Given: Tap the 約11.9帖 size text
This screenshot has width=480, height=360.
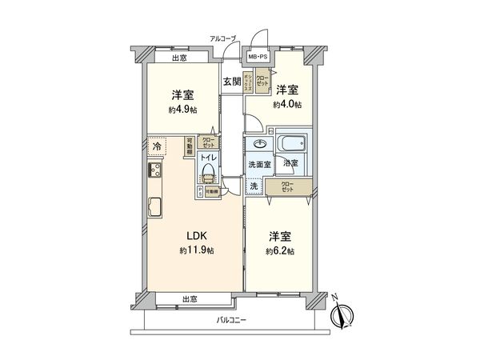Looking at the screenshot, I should point(196,250).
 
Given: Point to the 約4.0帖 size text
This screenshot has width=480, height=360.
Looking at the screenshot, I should point(286,105).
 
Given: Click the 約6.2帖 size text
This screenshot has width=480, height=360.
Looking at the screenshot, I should point(279,250).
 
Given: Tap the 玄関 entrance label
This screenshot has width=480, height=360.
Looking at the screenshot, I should point(231,81).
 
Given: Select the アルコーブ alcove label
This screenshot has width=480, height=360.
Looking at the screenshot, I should point(223,38).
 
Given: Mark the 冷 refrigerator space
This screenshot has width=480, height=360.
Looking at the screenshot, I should point(157,147).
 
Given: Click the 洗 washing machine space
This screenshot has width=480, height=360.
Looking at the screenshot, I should point(254,186).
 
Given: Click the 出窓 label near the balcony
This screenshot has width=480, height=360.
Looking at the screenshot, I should point(190,299).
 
